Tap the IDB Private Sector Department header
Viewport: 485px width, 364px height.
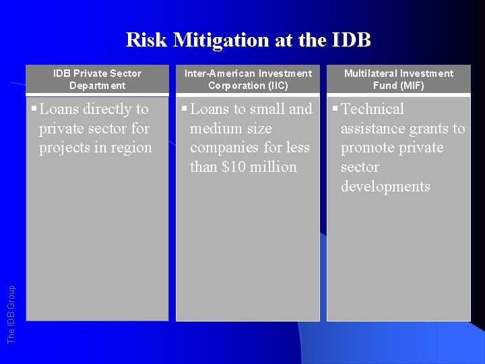(98, 79)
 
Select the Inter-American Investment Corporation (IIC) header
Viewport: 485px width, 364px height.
(249, 79)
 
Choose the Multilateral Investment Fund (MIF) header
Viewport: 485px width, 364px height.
(399, 79)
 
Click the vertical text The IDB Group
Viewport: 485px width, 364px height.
(11, 313)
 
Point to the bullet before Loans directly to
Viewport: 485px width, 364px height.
(35, 109)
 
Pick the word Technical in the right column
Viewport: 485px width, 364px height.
(373, 109)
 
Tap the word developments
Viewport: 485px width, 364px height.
(385, 186)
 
